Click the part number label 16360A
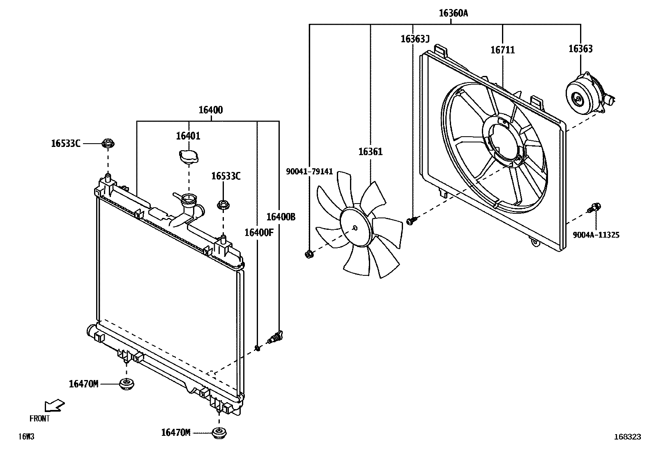pyautogui.click(x=453, y=13)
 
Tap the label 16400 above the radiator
pyautogui.click(x=211, y=110)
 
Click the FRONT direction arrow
pyautogui.click(x=54, y=405)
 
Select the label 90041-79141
pyautogui.click(x=309, y=172)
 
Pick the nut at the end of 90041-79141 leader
pyautogui.click(x=309, y=255)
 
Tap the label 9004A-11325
pyautogui.click(x=596, y=235)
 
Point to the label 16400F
pyautogui.click(x=259, y=233)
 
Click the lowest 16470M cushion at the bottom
pyautogui.click(x=219, y=433)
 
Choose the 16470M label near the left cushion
pyautogui.click(x=83, y=384)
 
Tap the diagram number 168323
pyautogui.click(x=627, y=437)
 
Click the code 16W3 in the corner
pyautogui.click(x=26, y=437)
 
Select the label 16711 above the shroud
pyautogui.click(x=502, y=50)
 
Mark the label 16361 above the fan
pyautogui.click(x=370, y=152)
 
